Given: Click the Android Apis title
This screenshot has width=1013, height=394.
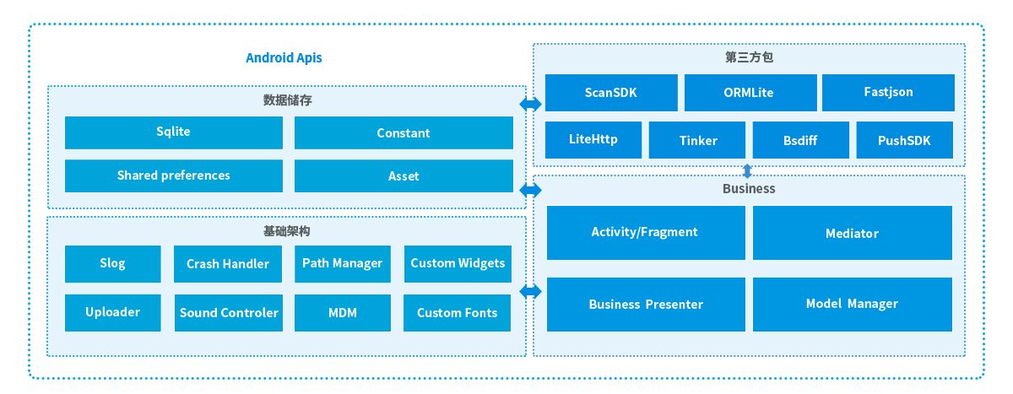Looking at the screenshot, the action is (x=284, y=58).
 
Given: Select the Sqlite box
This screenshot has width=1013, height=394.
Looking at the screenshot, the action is (x=174, y=132).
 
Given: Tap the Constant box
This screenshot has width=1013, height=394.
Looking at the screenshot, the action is (x=404, y=132).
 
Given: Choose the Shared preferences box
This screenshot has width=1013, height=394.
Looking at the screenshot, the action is (x=174, y=175).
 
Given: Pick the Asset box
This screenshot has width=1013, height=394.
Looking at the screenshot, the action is (x=404, y=175).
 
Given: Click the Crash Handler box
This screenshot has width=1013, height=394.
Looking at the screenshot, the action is (x=228, y=264).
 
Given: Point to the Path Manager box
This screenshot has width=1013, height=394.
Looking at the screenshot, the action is (x=343, y=264).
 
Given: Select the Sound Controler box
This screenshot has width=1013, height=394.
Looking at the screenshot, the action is (x=229, y=313).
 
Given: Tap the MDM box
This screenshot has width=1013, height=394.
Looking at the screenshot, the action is (x=343, y=313).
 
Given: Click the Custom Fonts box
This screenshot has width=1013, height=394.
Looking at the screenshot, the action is (x=457, y=313).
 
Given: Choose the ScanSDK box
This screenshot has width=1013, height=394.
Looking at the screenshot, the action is (x=611, y=93).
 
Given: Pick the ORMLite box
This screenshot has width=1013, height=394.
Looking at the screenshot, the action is (x=750, y=93).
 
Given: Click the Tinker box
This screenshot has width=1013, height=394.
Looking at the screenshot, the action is (x=697, y=140).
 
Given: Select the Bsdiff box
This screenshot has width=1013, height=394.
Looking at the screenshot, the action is (x=800, y=140).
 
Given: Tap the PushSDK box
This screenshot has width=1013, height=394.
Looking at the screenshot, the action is (x=904, y=140).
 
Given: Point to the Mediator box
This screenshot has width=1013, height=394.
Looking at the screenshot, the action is (x=853, y=233).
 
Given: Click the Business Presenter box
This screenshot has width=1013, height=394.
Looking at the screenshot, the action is (x=646, y=304).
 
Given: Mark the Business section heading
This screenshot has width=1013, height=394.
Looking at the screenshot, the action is (x=749, y=189).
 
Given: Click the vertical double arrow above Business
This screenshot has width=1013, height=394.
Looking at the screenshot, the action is (x=748, y=171).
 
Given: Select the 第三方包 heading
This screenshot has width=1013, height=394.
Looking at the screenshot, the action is (x=749, y=57).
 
